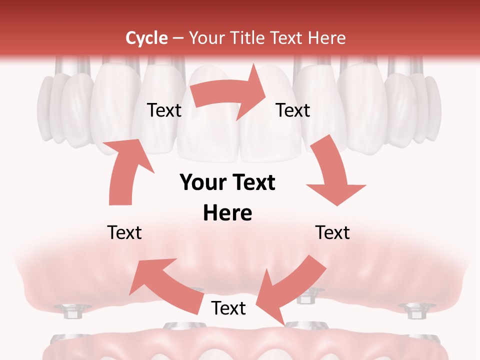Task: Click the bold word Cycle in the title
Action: [146, 38]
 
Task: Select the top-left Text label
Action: [164, 110]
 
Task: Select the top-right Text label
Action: [293, 110]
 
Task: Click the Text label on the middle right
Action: [332, 233]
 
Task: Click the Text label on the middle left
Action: [124, 233]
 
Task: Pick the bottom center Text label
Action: [228, 308]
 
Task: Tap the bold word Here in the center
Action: [227, 213]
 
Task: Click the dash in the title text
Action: [178, 39]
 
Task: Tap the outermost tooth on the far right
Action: [435, 107]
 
